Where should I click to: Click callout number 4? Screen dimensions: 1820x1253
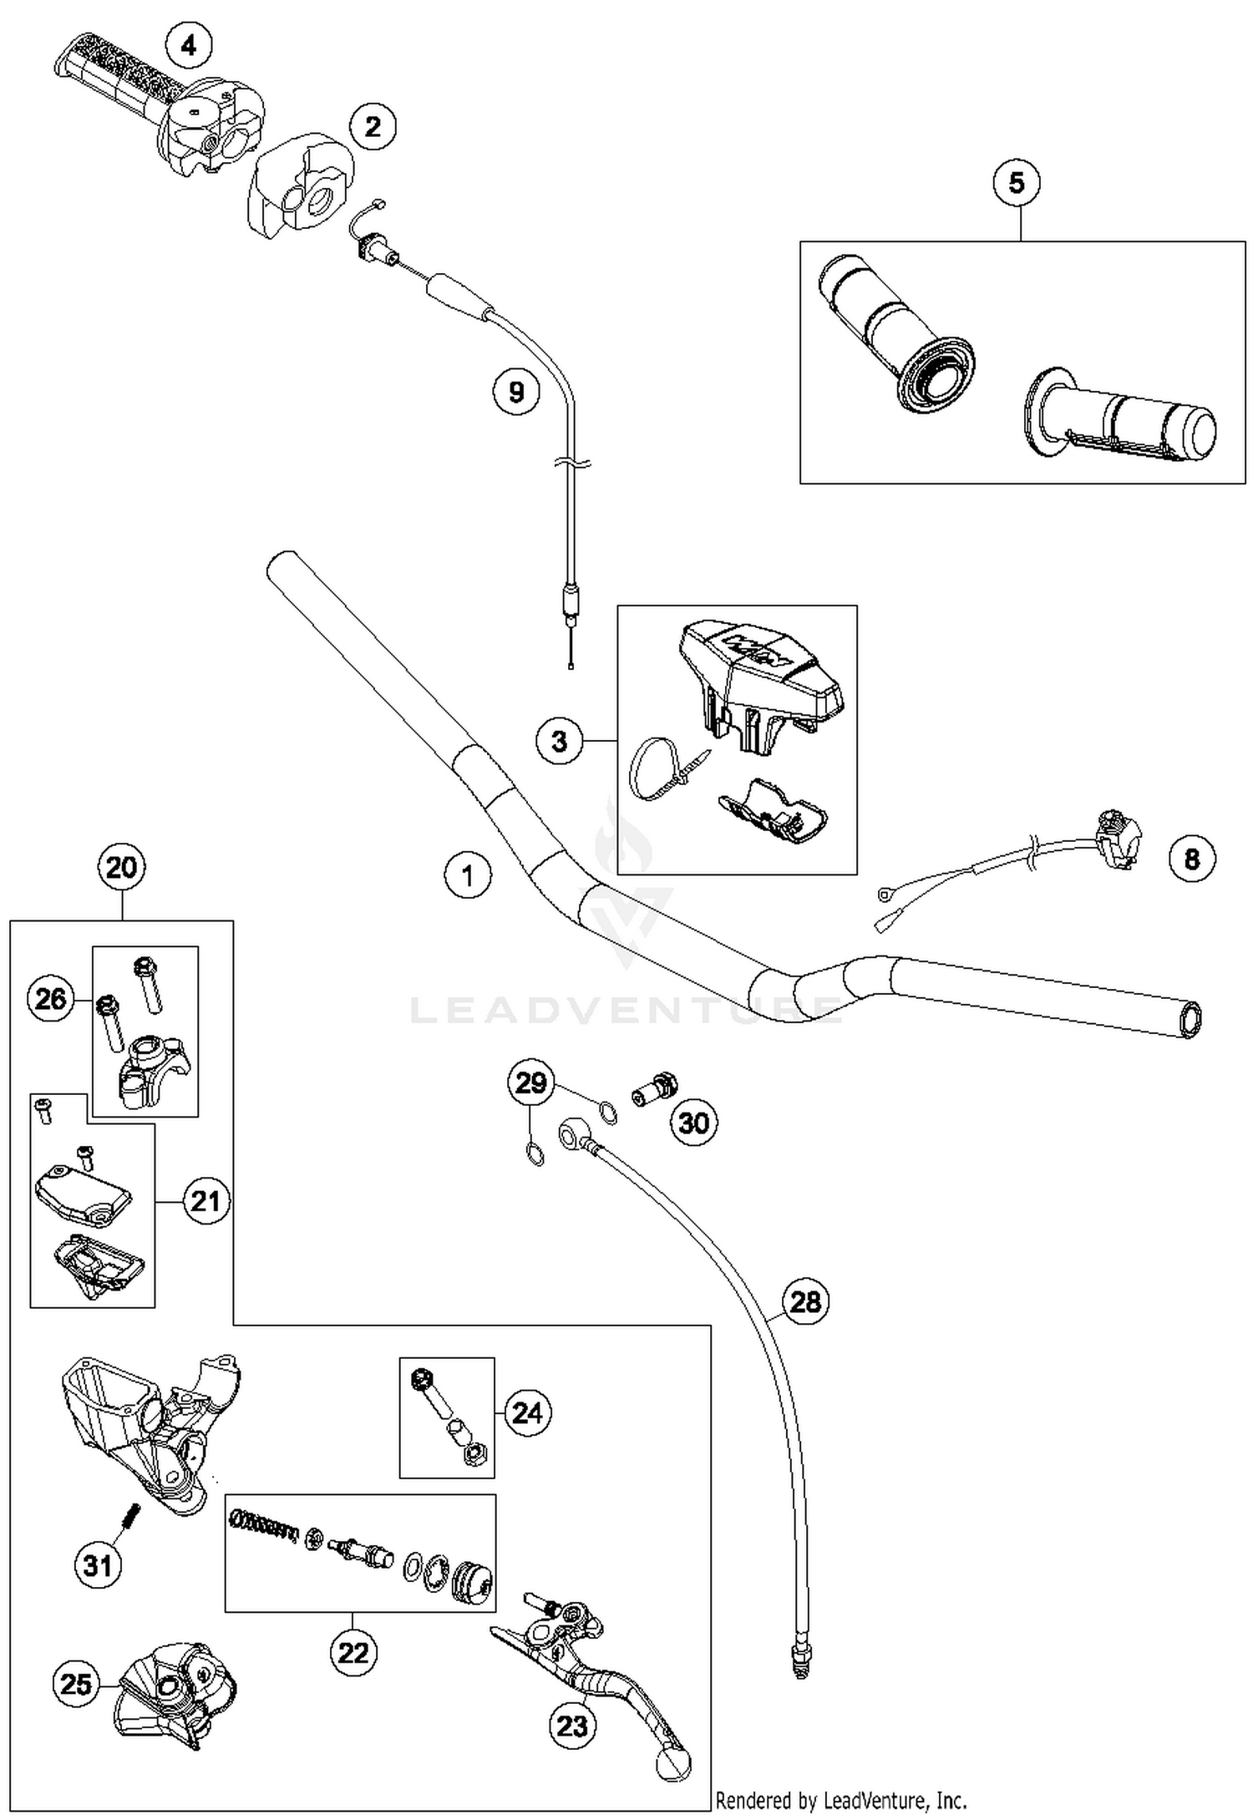189,45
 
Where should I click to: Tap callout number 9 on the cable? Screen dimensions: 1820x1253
515,391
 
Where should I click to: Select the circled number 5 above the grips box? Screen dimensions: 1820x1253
1016,182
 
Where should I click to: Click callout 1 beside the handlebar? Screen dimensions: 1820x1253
467,875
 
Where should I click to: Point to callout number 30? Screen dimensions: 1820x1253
693,1123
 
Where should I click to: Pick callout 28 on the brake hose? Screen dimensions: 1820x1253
805,1300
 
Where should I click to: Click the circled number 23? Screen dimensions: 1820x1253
572,1725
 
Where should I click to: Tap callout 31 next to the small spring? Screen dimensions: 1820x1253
98,1564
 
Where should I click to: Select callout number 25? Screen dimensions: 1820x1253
76,1683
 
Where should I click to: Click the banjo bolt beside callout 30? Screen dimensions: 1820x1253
654,1090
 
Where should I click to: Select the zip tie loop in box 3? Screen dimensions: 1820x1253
649,767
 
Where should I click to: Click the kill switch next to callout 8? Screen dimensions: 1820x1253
1117,839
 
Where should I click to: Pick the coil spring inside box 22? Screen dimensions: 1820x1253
262,1530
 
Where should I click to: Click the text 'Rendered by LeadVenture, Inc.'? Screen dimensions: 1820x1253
840,1800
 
